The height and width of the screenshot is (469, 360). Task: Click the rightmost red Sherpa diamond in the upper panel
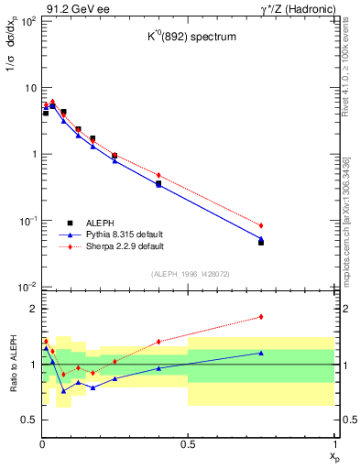click(261, 225)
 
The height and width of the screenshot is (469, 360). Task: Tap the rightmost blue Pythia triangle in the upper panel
click(261, 238)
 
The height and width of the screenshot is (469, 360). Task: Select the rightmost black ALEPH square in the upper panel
click(261, 243)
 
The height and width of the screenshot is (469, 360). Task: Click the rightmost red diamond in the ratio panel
click(261, 317)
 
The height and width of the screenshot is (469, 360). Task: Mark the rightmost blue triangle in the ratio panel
click(261, 353)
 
